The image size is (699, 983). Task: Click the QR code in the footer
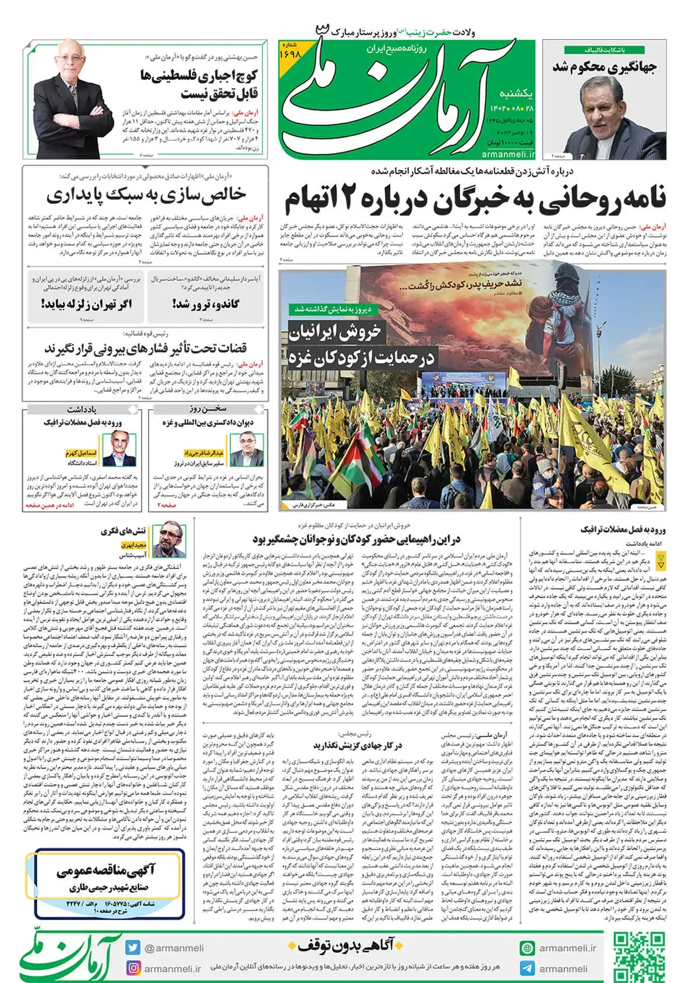click(x=639, y=957)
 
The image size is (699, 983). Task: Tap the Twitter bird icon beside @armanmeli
click(x=133, y=948)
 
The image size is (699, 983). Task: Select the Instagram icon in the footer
click(x=133, y=968)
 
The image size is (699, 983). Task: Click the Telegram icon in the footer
click(x=527, y=968)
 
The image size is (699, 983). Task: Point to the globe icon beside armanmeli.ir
click(x=527, y=948)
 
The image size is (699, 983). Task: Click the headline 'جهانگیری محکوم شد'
click(x=605, y=67)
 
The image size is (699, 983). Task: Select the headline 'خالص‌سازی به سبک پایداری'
click(x=146, y=195)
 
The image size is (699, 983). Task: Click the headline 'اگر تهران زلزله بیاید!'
click(x=87, y=304)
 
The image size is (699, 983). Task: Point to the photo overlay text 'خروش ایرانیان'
click(x=335, y=332)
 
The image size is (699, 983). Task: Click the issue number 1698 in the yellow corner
click(x=290, y=53)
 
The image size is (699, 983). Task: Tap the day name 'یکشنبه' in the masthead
click(x=516, y=93)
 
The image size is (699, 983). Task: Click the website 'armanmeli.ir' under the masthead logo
click(x=508, y=154)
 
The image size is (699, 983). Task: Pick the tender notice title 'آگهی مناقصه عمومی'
click(x=106, y=870)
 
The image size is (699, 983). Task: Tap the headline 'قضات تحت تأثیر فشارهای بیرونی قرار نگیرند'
click(x=146, y=349)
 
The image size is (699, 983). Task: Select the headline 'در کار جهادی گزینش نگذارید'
click(x=357, y=746)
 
